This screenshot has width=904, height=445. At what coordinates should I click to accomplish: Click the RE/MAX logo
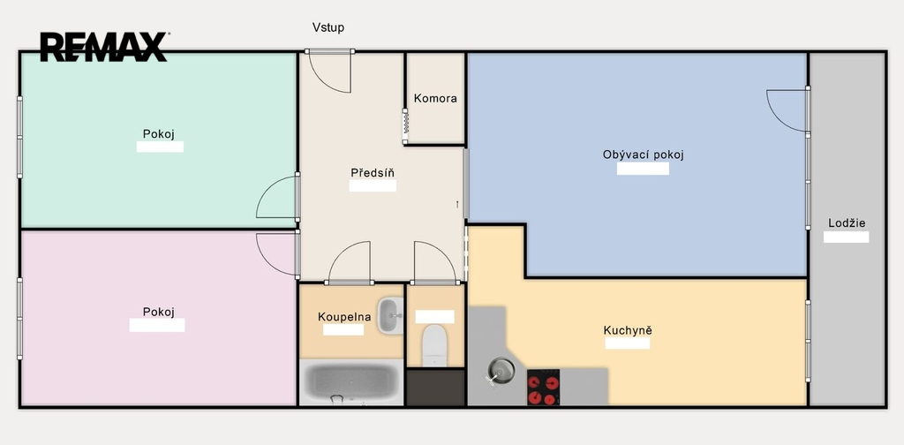[104, 48]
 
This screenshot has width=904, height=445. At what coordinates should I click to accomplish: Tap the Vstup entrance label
[328, 27]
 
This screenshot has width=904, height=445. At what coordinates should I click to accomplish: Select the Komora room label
[435, 99]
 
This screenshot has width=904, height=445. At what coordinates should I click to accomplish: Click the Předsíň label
[373, 173]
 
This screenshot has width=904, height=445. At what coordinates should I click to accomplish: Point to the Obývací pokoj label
[644, 155]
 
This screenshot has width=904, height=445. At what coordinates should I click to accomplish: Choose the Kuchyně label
[628, 331]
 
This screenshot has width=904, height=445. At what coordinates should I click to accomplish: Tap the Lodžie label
[847, 223]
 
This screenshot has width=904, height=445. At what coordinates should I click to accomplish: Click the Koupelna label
[344, 317]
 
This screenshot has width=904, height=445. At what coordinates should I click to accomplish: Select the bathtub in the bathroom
[351, 382]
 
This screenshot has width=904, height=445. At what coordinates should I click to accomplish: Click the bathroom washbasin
[390, 315]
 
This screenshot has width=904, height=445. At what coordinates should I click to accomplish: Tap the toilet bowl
[434, 345]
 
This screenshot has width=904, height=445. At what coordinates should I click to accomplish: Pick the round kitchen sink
[501, 371]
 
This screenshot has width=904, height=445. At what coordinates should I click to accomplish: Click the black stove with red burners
[543, 387]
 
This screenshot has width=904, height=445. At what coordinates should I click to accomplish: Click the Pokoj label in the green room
[159, 134]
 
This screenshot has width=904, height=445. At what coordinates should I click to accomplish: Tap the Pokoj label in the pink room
[159, 313]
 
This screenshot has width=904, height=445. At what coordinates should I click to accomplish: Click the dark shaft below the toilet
[435, 388]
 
